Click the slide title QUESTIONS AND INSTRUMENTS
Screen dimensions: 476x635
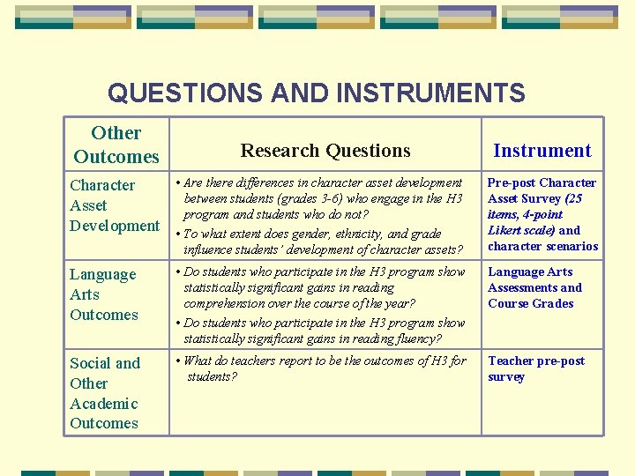(316, 93)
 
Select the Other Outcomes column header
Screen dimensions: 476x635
(116, 145)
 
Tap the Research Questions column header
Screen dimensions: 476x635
(325, 151)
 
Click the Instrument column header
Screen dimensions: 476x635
(542, 151)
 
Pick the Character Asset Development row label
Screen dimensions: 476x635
(114, 205)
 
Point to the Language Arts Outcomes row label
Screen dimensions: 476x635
(104, 294)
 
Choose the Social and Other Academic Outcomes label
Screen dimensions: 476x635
(105, 393)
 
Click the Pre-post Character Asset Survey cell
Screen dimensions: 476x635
(542, 214)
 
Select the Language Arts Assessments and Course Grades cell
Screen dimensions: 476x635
(534, 287)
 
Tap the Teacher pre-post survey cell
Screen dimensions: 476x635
(536, 368)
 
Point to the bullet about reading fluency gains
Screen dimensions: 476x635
(324, 331)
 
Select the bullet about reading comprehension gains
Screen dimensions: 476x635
(324, 287)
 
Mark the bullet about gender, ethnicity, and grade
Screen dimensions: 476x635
(324, 242)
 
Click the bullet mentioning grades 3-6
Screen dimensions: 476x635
(324, 198)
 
